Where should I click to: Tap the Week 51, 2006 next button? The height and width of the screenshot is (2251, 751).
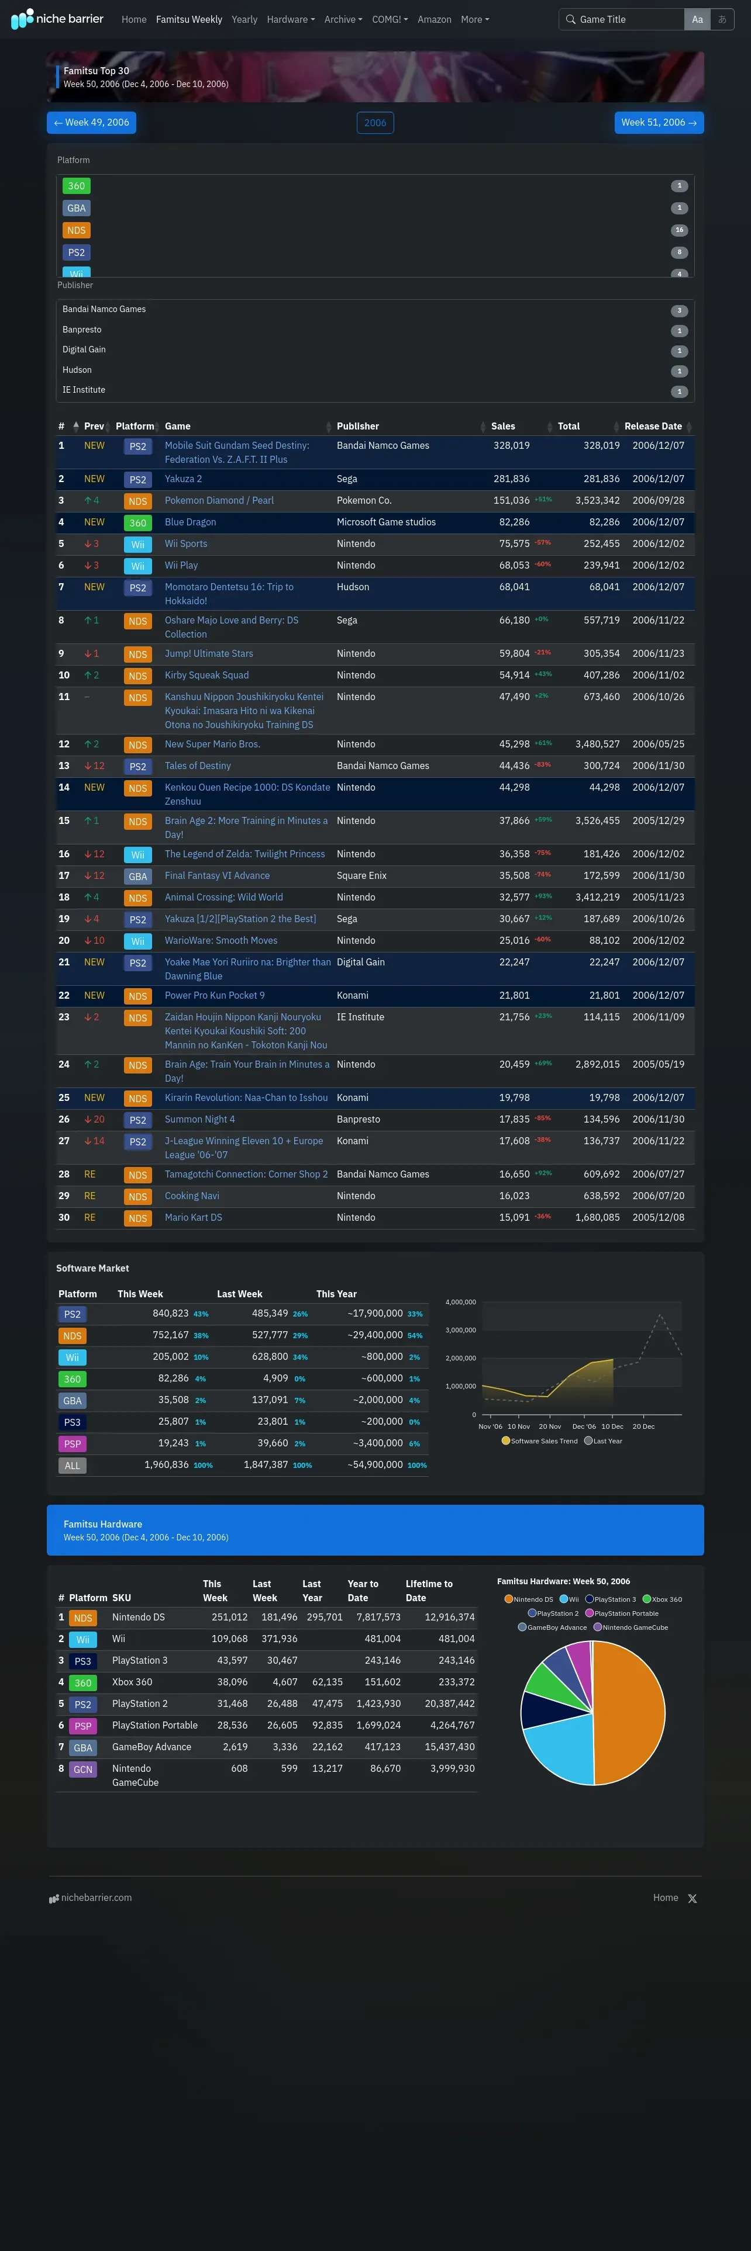click(x=659, y=122)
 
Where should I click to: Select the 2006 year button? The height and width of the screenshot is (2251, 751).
click(x=375, y=123)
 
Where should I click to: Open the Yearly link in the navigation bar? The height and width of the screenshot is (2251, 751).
click(x=244, y=19)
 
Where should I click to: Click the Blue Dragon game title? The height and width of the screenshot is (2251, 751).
click(x=191, y=522)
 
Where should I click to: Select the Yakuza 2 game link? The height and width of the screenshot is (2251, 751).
click(x=184, y=479)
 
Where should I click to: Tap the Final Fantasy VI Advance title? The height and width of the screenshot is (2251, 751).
click(x=217, y=875)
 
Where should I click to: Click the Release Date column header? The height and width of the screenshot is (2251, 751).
click(x=653, y=427)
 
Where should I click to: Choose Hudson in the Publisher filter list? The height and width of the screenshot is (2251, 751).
click(x=77, y=370)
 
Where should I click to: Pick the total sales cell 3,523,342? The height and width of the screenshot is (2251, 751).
click(x=597, y=501)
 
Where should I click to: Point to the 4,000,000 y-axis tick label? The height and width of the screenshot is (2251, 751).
click(x=461, y=1302)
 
